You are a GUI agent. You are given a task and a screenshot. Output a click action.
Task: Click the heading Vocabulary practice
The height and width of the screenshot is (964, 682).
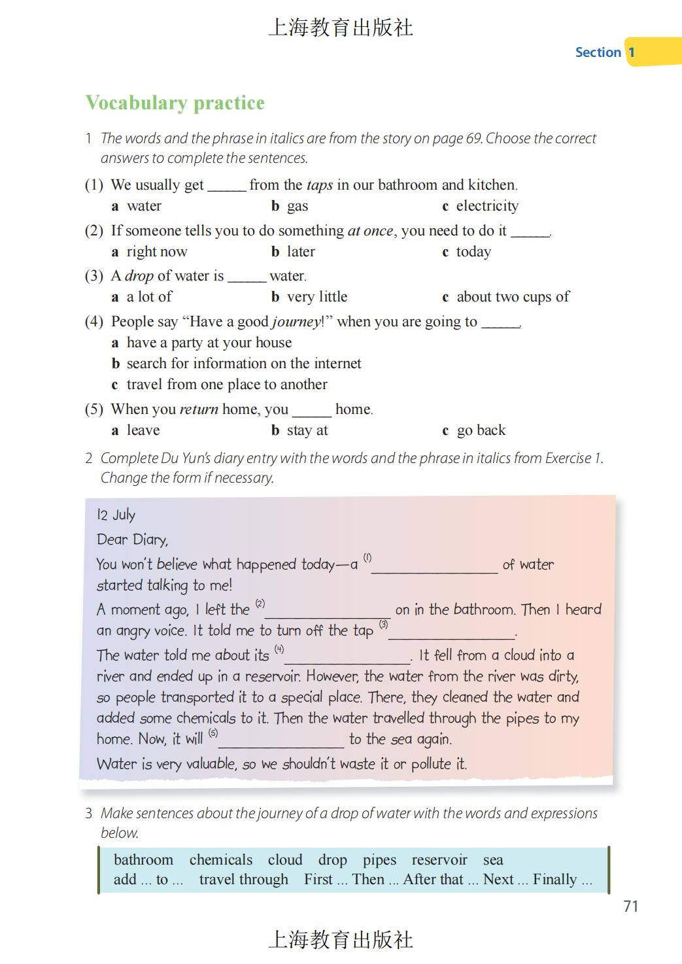(x=175, y=103)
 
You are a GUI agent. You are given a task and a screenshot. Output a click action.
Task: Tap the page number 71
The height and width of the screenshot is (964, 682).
(x=630, y=906)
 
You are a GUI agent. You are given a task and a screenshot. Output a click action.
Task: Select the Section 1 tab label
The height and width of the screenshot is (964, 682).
(x=605, y=52)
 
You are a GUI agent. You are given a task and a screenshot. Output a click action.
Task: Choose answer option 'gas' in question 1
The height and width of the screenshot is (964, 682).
(x=297, y=206)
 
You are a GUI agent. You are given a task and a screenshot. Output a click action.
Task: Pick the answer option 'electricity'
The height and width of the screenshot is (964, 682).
(x=486, y=206)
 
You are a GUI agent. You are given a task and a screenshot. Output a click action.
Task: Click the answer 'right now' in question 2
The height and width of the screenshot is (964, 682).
(x=156, y=252)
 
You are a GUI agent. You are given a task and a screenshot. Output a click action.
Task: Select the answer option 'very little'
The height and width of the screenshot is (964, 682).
(x=316, y=297)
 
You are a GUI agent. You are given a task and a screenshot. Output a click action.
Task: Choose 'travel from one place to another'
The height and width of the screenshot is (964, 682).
(x=226, y=385)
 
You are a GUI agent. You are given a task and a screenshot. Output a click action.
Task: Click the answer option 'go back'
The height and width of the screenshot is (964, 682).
(x=481, y=430)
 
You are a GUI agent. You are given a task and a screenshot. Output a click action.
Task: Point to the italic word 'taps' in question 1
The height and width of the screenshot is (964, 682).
(x=320, y=185)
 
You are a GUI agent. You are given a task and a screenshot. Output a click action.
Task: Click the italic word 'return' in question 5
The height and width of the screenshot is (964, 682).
(x=199, y=409)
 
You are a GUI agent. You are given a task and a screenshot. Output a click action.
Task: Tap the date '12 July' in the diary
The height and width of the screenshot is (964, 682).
(x=116, y=515)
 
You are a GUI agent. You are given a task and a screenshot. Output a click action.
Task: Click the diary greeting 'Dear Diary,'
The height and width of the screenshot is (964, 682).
(x=132, y=540)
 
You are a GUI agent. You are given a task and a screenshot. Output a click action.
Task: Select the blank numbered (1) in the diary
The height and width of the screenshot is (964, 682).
(x=434, y=566)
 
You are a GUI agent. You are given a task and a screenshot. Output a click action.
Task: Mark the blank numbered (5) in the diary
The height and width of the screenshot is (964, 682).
(x=281, y=741)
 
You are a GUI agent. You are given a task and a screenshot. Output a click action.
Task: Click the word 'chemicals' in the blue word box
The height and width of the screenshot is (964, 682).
(x=220, y=859)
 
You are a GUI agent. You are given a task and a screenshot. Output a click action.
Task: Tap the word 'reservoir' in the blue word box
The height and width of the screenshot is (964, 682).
(x=439, y=859)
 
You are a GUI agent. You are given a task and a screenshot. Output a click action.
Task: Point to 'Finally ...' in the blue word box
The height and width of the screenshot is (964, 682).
(x=562, y=880)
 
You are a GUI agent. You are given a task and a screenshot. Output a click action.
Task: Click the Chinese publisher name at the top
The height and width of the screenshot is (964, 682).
(x=341, y=27)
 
